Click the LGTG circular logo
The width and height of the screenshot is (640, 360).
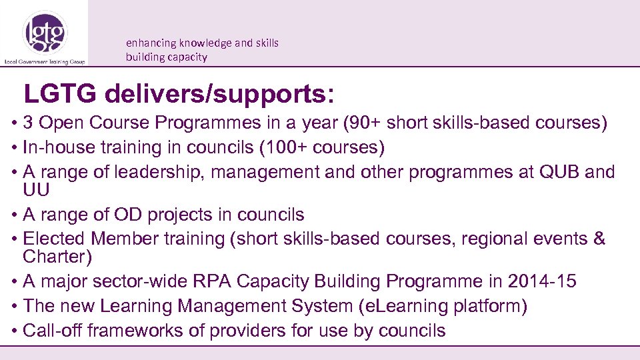(44, 32)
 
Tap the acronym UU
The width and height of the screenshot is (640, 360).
(37, 190)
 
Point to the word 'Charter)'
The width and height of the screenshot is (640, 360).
(57, 256)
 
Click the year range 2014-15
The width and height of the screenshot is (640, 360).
(541, 281)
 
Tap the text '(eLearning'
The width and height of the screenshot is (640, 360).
(398, 306)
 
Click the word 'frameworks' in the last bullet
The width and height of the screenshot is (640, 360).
(140, 330)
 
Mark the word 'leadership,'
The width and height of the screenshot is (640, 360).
(162, 171)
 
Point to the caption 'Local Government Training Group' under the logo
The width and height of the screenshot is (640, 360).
(44, 60)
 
